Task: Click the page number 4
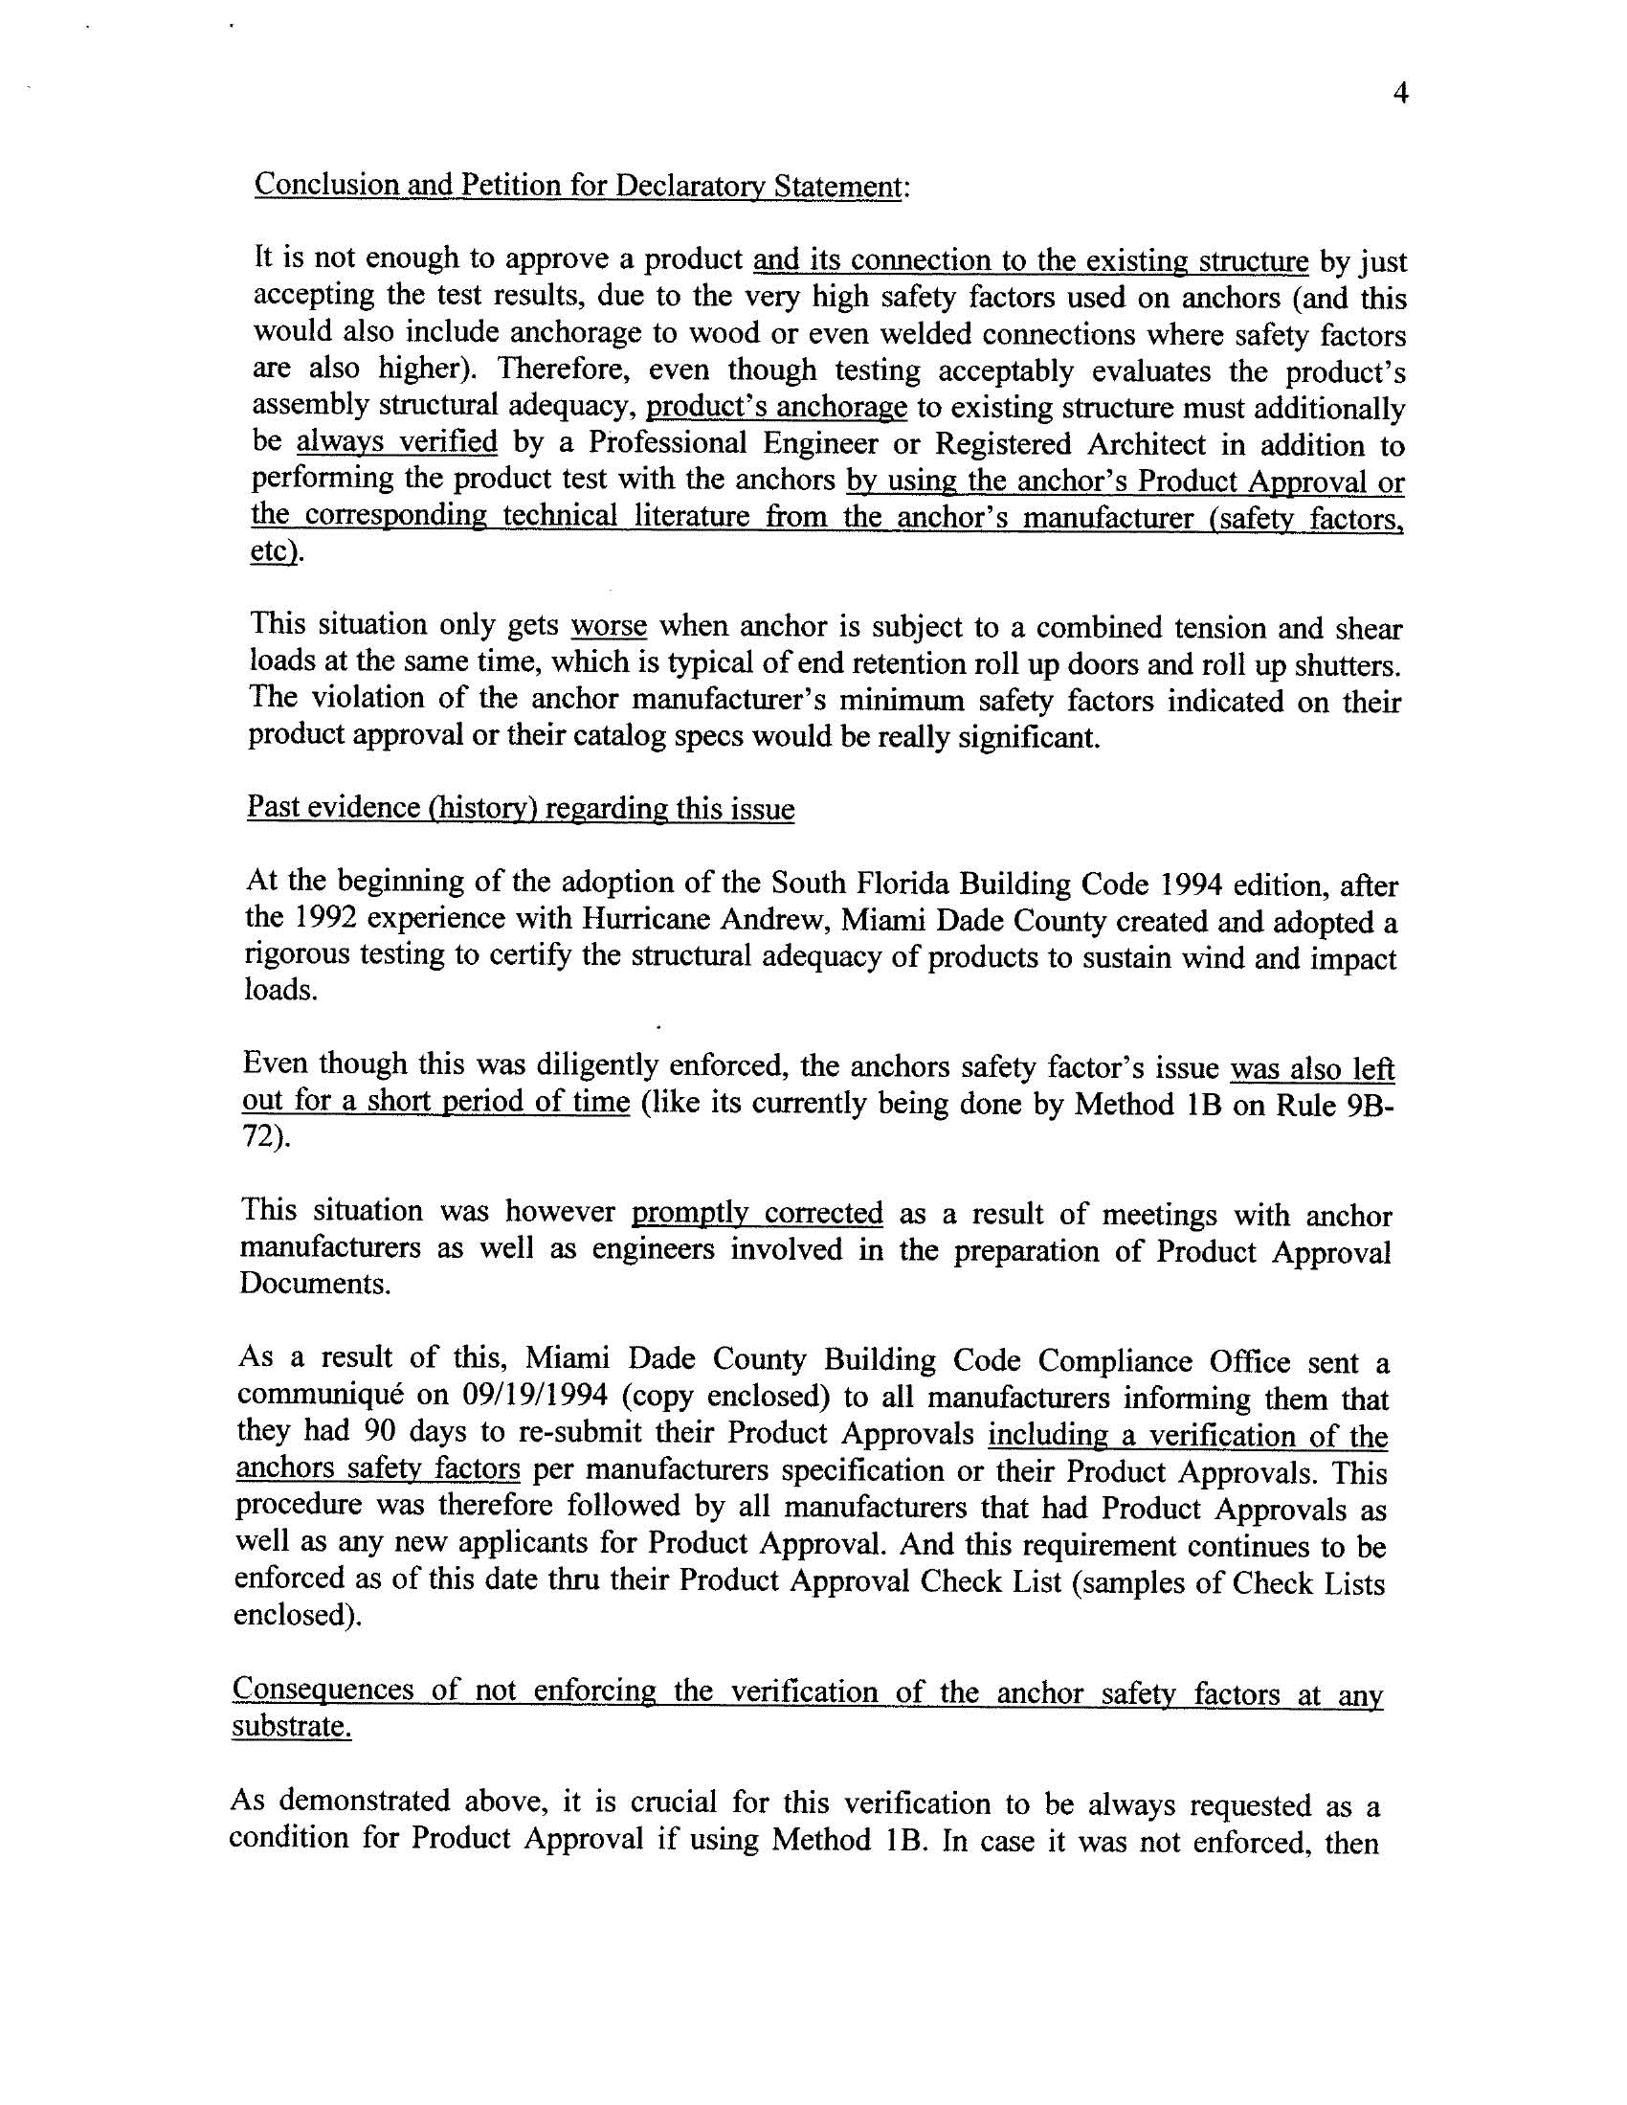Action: (1400, 94)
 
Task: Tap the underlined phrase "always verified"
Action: (396, 442)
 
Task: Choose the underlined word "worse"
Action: (608, 626)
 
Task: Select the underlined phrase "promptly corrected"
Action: (757, 1213)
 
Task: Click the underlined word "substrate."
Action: (291, 1727)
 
